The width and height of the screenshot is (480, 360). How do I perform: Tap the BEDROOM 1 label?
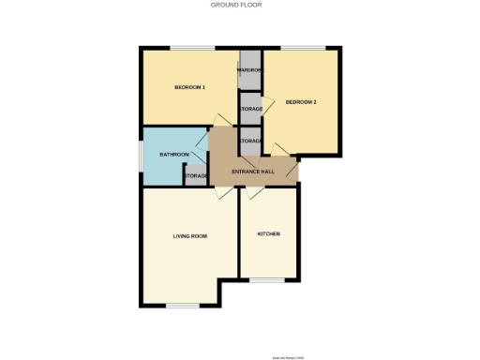189,88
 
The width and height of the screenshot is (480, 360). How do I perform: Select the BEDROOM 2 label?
300,101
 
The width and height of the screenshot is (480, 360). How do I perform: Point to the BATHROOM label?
174,154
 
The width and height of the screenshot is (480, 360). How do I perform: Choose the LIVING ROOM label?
189,235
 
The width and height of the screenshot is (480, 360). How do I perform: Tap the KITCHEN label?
268,233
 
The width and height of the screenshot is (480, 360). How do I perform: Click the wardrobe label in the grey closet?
249,70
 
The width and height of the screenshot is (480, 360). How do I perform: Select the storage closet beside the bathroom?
195,176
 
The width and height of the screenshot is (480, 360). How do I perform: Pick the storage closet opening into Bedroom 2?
250,109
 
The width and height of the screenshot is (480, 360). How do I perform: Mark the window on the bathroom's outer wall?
141,155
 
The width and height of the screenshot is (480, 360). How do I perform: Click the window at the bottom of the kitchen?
268,279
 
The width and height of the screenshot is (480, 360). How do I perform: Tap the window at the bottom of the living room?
184,306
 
